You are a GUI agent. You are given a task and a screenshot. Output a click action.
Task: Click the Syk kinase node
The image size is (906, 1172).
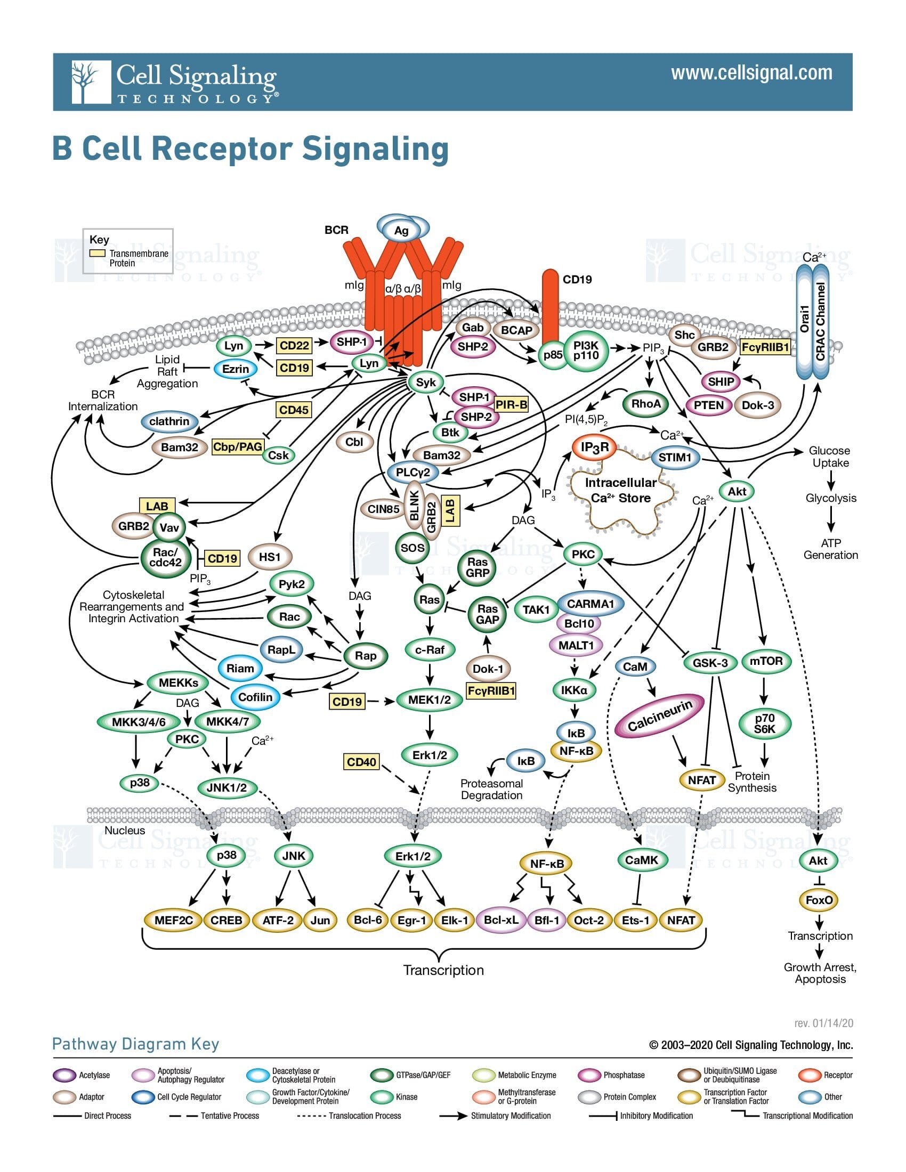pyautogui.click(x=426, y=382)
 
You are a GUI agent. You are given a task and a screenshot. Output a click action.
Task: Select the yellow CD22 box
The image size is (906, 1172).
pyautogui.click(x=295, y=346)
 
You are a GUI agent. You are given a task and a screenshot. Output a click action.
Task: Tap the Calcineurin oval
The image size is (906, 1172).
pyautogui.click(x=659, y=715)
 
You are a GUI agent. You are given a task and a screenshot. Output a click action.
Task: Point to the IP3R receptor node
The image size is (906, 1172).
pyautogui.click(x=595, y=447)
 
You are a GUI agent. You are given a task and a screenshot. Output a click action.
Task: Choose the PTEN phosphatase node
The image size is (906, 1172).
pyautogui.click(x=708, y=405)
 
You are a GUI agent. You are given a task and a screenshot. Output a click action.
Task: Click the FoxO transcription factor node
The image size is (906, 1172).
pyautogui.click(x=819, y=900)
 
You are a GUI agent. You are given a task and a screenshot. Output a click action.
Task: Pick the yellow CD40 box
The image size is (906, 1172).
pyautogui.click(x=361, y=761)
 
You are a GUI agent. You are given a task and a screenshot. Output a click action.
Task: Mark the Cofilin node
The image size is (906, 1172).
pyautogui.click(x=255, y=697)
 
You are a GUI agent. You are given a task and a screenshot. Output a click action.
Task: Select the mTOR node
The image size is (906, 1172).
pyautogui.click(x=766, y=661)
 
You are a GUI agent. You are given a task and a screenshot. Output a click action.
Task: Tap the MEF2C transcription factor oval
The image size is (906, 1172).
pyautogui.click(x=173, y=921)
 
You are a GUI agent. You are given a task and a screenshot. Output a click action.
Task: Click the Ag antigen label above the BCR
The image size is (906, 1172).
pyautogui.click(x=401, y=230)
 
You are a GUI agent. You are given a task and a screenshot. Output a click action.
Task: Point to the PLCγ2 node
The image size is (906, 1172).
pyautogui.click(x=412, y=472)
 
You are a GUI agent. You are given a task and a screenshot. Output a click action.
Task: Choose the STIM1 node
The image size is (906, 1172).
pyautogui.click(x=675, y=457)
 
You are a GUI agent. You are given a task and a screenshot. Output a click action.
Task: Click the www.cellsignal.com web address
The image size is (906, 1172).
pyautogui.click(x=751, y=73)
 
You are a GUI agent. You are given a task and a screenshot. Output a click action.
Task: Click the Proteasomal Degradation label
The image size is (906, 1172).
pyautogui.click(x=492, y=790)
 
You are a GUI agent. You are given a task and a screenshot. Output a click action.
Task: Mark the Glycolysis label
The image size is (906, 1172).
pyautogui.click(x=831, y=498)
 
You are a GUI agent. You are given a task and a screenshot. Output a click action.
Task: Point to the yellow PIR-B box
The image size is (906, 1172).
pyautogui.click(x=511, y=405)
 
